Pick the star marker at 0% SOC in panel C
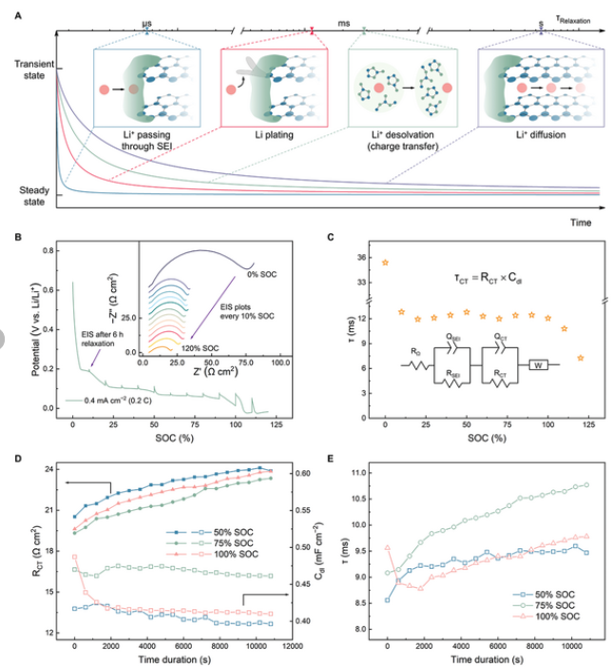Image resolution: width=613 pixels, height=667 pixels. pos(385,263)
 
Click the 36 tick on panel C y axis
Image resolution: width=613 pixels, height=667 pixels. pos(365,257)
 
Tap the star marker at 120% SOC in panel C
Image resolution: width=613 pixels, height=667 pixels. pos(580,359)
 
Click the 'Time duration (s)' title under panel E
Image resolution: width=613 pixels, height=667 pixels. pos(483,657)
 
